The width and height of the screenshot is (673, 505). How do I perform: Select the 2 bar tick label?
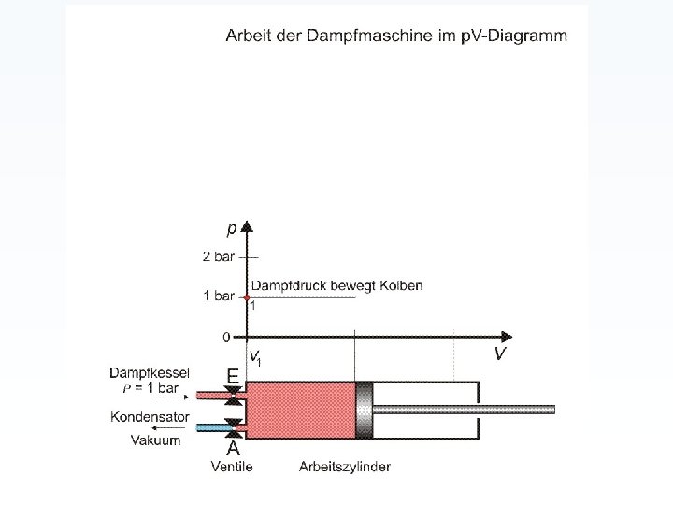pos(219,256)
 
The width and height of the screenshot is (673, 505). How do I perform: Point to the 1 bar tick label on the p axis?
pos(219,296)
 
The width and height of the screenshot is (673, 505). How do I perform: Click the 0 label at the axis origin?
pos(226,336)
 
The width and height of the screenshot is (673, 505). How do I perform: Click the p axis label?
pos(231,227)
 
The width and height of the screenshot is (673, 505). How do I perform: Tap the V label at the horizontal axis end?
pos(501,353)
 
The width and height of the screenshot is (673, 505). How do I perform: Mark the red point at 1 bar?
pos(247,296)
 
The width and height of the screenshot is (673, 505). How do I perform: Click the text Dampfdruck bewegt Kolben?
pos(336,285)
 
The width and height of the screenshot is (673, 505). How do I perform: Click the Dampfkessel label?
pos(150,372)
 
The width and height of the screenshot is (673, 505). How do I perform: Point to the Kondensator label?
pos(150,417)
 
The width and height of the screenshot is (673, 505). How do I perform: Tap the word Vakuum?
pos(155,440)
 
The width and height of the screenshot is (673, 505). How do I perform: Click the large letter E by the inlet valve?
pos(232,375)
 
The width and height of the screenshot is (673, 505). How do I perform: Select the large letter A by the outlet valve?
pos(233,449)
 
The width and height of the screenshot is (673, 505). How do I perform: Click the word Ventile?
pos(231,466)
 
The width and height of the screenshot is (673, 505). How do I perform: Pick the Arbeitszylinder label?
pos(345,466)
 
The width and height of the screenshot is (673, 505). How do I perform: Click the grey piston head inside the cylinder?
pos(364,410)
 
